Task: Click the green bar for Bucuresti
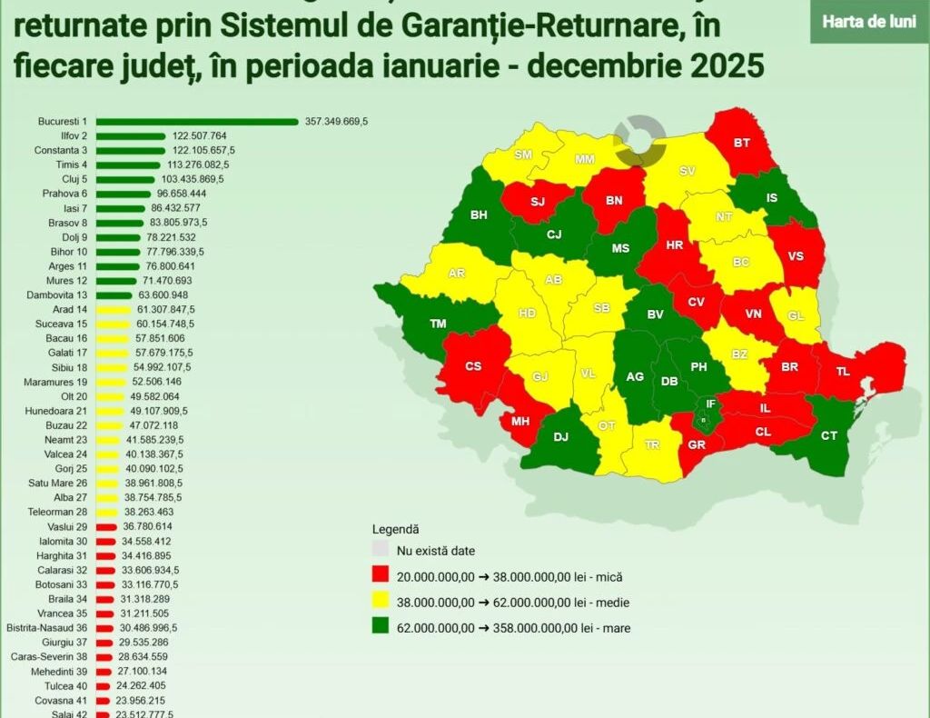[197, 122]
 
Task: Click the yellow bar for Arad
[113, 309]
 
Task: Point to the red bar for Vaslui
[106, 527]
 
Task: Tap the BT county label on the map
[742, 143]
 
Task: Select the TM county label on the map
[438, 324]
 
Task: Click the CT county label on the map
[828, 436]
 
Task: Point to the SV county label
[688, 171]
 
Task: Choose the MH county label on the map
[520, 422]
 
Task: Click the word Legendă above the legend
[395, 528]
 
